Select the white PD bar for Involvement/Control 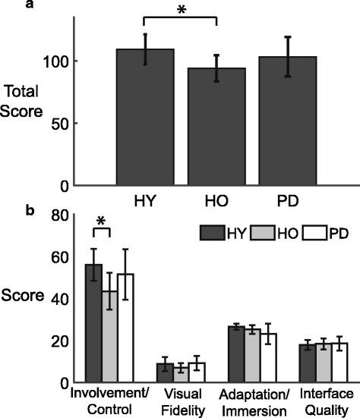(x=126, y=329)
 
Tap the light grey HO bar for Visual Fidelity (x=180, y=376)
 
